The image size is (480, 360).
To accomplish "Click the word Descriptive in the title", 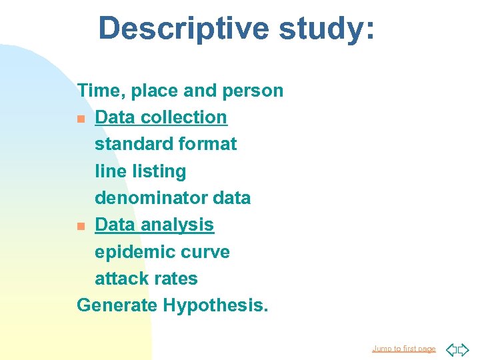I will click(183, 29).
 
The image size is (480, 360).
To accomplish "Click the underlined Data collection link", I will click(161, 117).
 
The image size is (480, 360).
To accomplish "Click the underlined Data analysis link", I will click(154, 225).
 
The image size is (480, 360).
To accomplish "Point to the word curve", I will click(207, 252).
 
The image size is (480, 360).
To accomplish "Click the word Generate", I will click(117, 305).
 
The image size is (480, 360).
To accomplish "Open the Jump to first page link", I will click(403, 349).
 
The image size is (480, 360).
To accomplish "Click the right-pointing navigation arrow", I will click(463, 349).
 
